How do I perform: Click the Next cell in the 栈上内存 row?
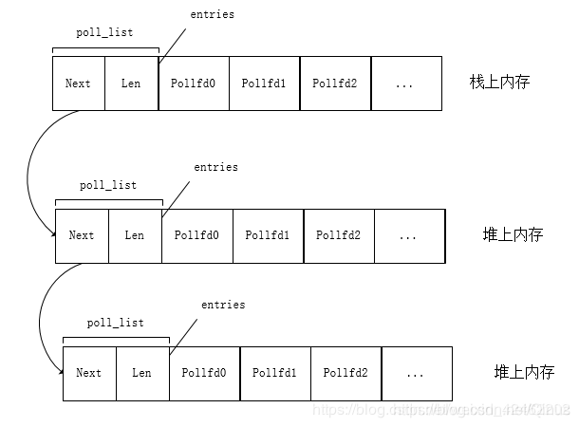click(78, 84)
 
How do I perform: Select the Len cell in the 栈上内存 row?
click(131, 84)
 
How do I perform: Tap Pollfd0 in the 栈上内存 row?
click(194, 84)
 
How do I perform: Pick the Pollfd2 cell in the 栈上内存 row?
click(335, 84)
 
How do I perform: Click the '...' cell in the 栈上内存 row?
click(405, 84)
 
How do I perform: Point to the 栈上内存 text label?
click(499, 83)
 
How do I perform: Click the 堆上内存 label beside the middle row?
click(513, 234)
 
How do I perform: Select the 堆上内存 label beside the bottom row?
click(524, 372)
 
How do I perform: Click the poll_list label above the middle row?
click(108, 185)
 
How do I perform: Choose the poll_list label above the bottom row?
click(116, 323)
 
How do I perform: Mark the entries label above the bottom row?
click(223, 305)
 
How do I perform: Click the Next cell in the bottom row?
click(88, 373)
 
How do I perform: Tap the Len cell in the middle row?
click(135, 235)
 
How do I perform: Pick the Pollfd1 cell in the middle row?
click(268, 235)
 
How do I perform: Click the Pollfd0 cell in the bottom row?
click(204, 373)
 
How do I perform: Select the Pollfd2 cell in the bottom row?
click(345, 373)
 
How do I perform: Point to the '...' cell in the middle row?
click(409, 235)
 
